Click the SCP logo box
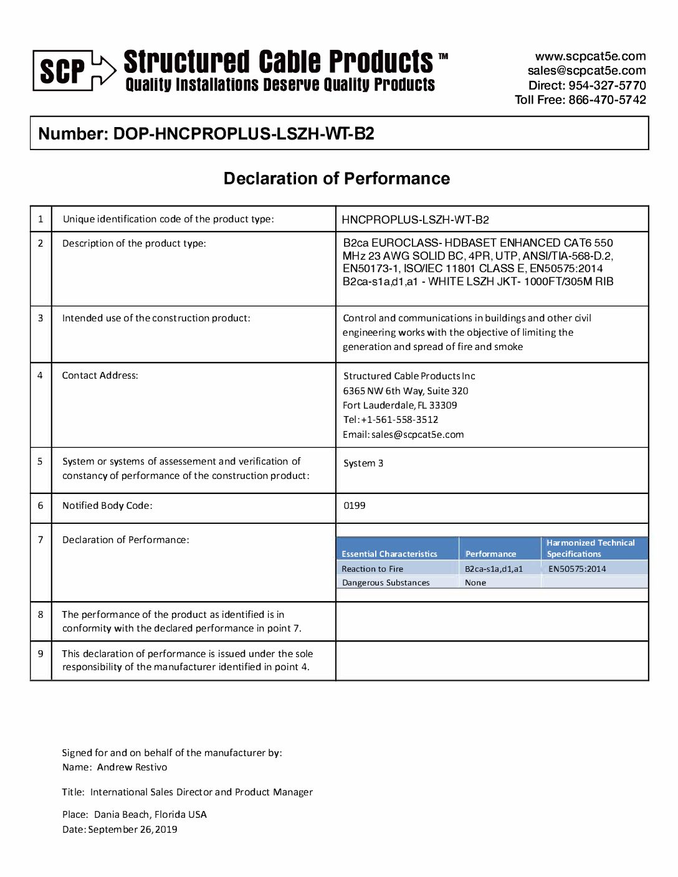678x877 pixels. pos(62,70)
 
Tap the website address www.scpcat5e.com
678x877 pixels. pos(590,56)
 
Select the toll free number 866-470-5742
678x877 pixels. pos(607,100)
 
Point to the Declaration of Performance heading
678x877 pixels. pos(337,179)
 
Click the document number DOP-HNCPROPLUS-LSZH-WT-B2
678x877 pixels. pos(243,134)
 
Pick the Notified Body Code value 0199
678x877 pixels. pos(355,506)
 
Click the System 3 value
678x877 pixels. pos(363,463)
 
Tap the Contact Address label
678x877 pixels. pos(100,376)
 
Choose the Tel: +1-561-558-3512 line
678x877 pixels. pos(391,420)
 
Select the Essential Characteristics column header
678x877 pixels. pos(389,554)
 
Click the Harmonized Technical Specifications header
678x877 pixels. pos(590,548)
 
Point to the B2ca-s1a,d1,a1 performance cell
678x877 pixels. pos(494,569)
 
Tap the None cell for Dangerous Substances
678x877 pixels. pos(475,583)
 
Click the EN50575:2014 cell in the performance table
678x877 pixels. pos(577,569)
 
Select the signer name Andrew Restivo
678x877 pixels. pos(132,767)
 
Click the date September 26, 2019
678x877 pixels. pos(133,830)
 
